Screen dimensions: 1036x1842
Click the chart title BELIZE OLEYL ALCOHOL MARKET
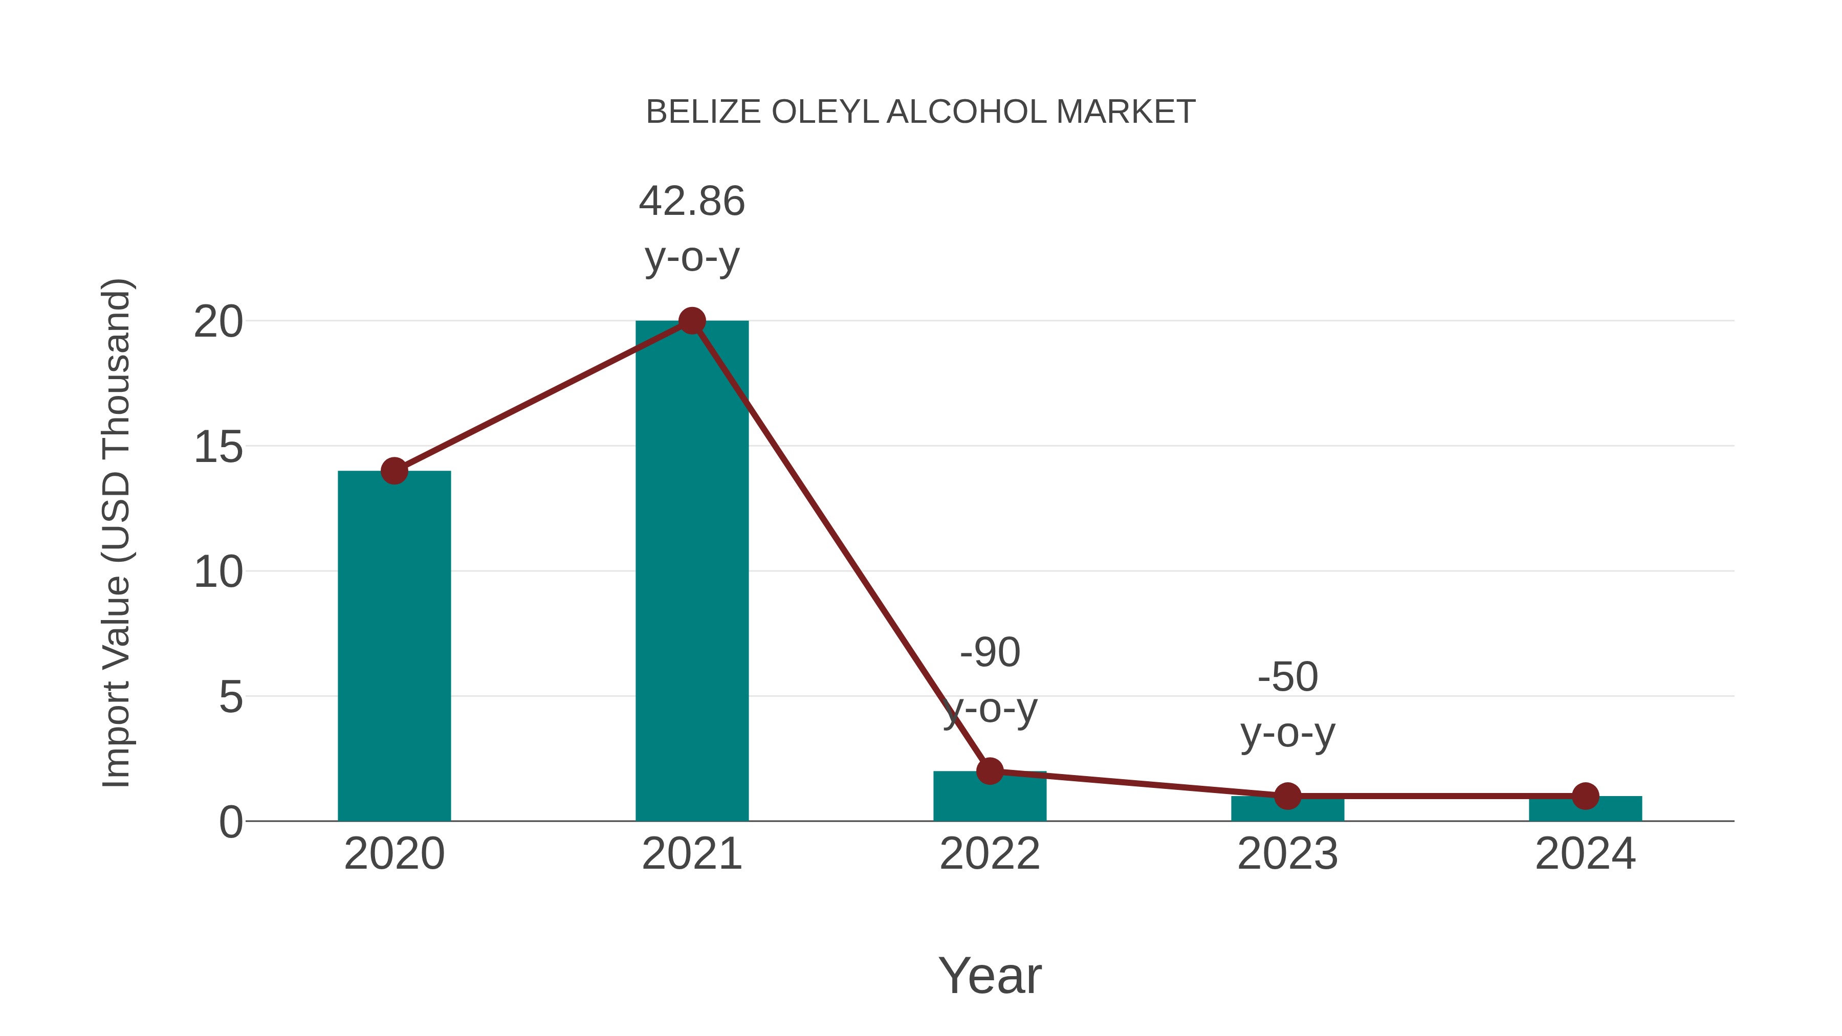[920, 112]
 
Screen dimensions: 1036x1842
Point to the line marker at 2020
[394, 471]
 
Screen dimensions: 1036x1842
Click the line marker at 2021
[691, 321]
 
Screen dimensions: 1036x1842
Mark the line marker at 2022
[990, 771]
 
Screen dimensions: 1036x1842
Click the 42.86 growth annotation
[691, 202]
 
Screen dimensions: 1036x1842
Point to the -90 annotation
[990, 653]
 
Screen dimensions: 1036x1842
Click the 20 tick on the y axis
[218, 322]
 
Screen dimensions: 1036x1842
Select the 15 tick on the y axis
[218, 448]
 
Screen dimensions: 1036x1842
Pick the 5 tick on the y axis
[230, 697]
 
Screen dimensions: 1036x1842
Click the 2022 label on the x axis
[990, 854]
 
